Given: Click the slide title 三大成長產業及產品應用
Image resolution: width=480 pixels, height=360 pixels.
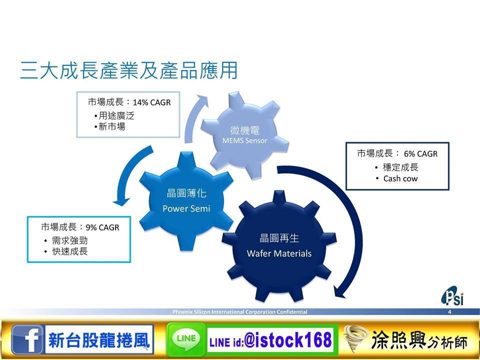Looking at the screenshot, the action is pyautogui.click(x=129, y=70).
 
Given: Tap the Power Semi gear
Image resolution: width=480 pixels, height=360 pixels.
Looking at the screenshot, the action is pyautogui.click(x=186, y=201).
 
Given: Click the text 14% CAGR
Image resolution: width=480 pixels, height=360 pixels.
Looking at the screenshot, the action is pyautogui.click(x=152, y=102).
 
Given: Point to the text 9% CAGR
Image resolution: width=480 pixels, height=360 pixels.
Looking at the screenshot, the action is pyautogui.click(x=102, y=227).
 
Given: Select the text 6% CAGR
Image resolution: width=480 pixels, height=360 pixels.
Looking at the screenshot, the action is pyautogui.click(x=421, y=153).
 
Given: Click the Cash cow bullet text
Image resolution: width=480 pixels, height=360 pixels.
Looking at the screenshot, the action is pyautogui.click(x=400, y=178).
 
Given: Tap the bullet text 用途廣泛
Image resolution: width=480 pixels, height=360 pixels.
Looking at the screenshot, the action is pyautogui.click(x=116, y=115).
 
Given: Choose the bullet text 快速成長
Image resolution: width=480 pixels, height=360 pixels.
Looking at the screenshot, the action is pyautogui.click(x=70, y=251).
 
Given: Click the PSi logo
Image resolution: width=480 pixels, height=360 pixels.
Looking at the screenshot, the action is pyautogui.click(x=452, y=296).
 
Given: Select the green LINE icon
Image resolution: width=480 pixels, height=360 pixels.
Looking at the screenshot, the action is pyautogui.click(x=186, y=339).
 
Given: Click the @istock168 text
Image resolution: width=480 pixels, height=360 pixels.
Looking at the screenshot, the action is pyautogui.click(x=288, y=340).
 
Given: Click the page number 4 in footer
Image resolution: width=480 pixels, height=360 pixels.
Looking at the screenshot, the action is pyautogui.click(x=449, y=312).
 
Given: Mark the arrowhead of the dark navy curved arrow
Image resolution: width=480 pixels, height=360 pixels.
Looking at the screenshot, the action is pyautogui.click(x=340, y=292).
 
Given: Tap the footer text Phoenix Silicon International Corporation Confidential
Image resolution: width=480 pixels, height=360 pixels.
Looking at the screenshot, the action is pyautogui.click(x=239, y=312).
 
